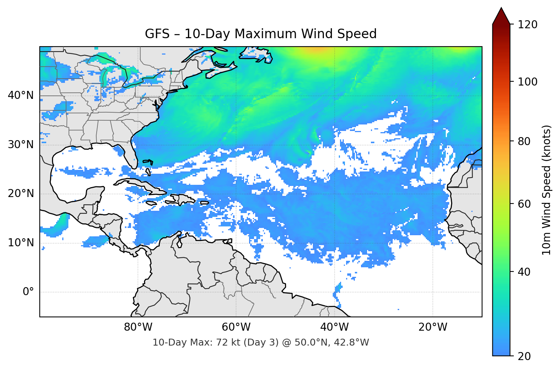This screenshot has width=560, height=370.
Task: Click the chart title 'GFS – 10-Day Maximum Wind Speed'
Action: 261,34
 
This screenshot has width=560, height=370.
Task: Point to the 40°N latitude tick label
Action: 21,95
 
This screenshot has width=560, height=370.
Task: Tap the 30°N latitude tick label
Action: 21,145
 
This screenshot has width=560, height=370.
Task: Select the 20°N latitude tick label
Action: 21,194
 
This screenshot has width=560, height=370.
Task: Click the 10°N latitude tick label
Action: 21,243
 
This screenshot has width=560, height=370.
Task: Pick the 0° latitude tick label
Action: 28,292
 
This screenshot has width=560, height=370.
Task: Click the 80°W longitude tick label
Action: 138,327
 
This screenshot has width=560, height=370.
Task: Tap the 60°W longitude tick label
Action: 236,327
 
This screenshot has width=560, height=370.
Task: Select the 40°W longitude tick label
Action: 334,327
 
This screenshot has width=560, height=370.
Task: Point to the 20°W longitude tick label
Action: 432,327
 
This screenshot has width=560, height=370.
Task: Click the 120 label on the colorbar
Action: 528,24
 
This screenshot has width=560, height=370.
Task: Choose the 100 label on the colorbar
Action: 528,82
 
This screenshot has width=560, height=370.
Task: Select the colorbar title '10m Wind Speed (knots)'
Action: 547,190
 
